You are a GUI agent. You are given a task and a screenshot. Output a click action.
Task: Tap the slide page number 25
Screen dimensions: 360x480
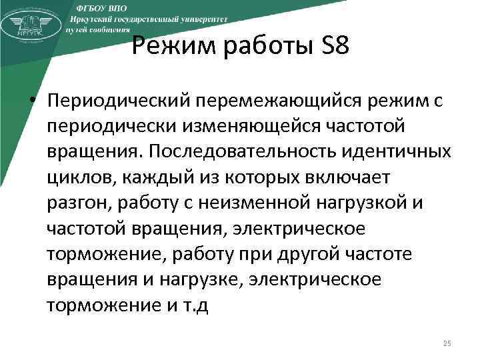click(447, 343)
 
